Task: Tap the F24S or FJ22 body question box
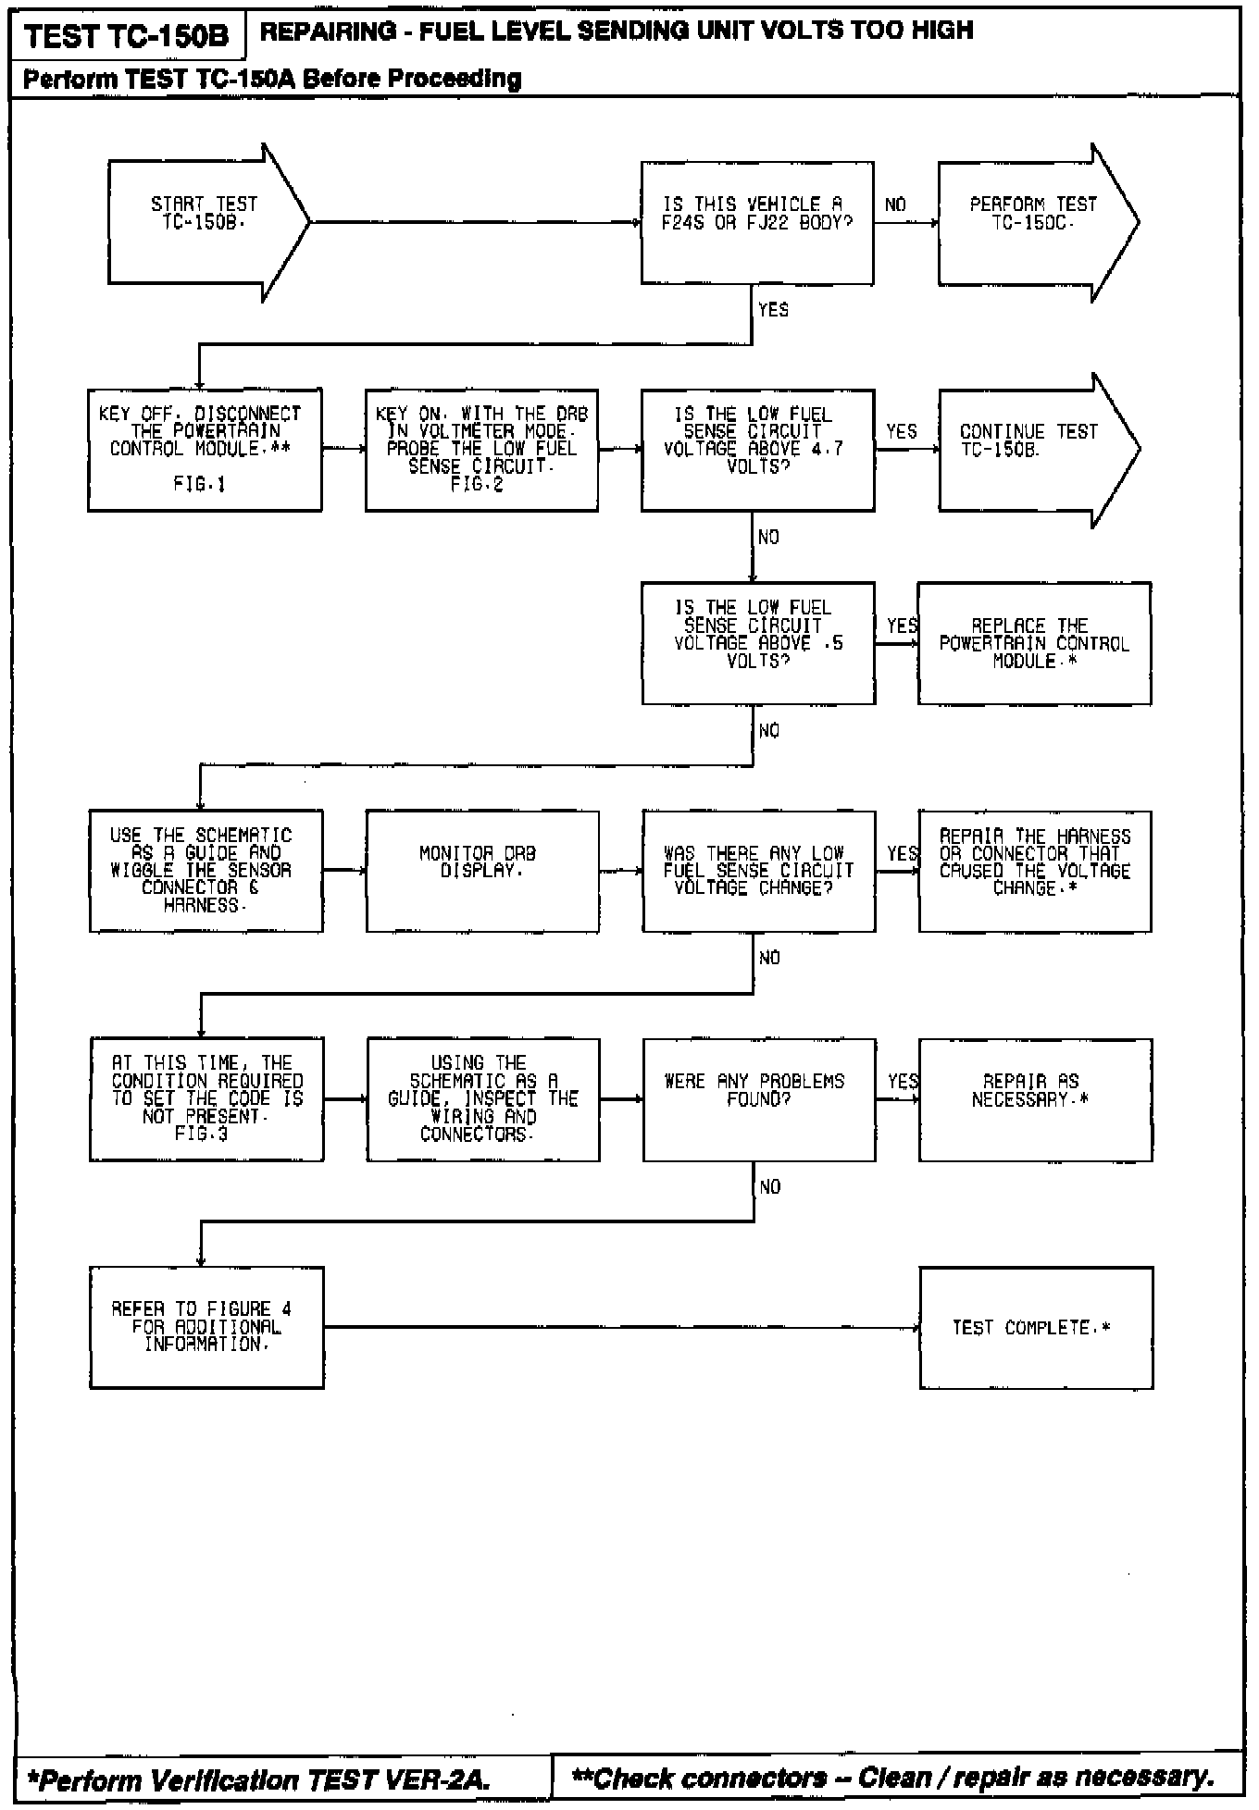coord(756,222)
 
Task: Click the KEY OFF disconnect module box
coord(205,450)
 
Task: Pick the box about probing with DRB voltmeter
coord(480,450)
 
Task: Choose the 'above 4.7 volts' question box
coord(756,450)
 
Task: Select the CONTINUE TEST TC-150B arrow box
coord(1028,450)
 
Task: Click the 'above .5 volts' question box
coord(757,642)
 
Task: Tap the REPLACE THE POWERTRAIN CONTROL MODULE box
coord(1034,642)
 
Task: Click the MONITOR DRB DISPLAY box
coord(481,871)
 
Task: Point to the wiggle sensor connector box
coord(206,871)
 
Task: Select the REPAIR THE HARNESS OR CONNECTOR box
coord(1034,871)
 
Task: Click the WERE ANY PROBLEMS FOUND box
coord(758,1099)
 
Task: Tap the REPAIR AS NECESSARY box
coord(1034,1099)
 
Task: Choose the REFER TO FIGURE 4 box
coord(206,1327)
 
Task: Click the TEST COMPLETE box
coord(1035,1327)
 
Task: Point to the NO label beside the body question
coord(895,205)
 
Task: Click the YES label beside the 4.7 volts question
coord(901,431)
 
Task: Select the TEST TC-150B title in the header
coord(127,37)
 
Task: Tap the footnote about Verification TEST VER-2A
coord(259,1779)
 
